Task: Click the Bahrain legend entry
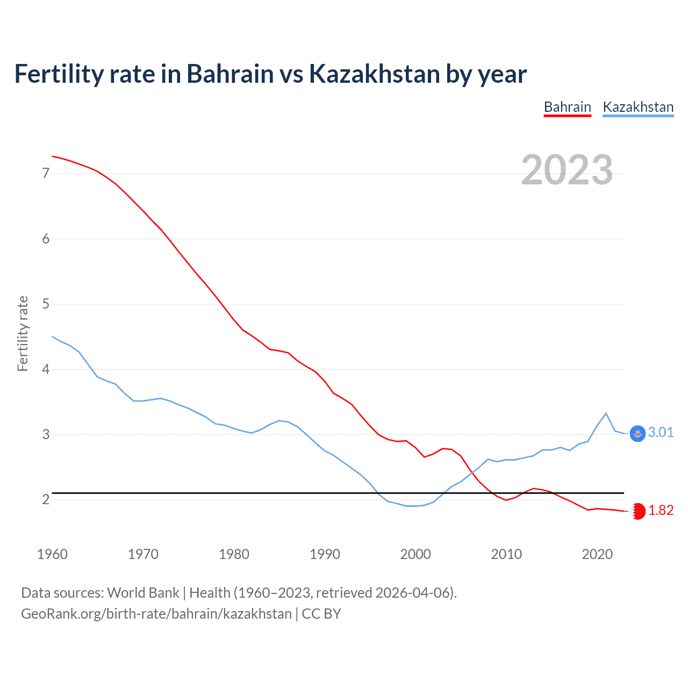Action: (x=567, y=107)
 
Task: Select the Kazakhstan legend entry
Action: (x=638, y=107)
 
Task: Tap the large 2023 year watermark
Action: (x=567, y=170)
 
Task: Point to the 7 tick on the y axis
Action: (x=46, y=173)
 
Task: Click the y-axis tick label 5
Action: (x=46, y=304)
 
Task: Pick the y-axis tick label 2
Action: (x=46, y=500)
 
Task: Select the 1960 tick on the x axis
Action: (x=52, y=554)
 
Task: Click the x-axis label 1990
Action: (x=325, y=554)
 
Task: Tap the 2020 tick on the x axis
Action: (x=597, y=554)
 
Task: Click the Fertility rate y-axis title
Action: (x=23, y=333)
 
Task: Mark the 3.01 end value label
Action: (x=661, y=433)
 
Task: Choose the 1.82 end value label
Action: (x=661, y=511)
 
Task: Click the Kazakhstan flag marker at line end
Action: (x=637, y=433)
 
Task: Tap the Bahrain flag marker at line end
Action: (x=638, y=511)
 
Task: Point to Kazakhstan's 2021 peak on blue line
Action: (x=606, y=413)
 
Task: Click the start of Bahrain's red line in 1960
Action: (x=52, y=156)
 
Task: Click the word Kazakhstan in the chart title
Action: (x=375, y=74)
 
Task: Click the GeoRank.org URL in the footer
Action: (x=156, y=614)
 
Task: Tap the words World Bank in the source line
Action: (x=143, y=593)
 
